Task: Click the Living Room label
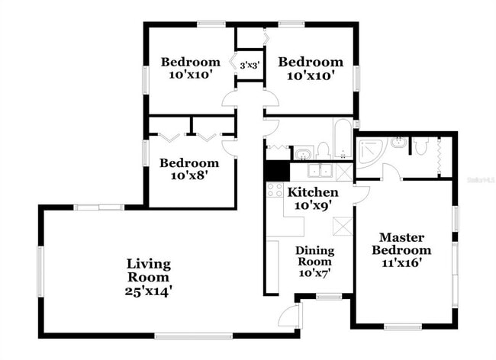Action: click(x=149, y=270)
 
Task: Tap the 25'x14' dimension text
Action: click(x=149, y=291)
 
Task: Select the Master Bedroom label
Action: click(x=401, y=243)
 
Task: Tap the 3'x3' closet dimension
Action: click(x=250, y=66)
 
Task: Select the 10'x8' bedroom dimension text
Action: click(x=188, y=175)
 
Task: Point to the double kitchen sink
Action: click(x=320, y=171)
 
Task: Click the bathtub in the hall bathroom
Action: click(x=342, y=137)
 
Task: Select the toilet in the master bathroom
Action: click(x=418, y=144)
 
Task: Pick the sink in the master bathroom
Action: click(x=398, y=142)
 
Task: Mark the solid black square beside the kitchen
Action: click(x=275, y=171)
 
